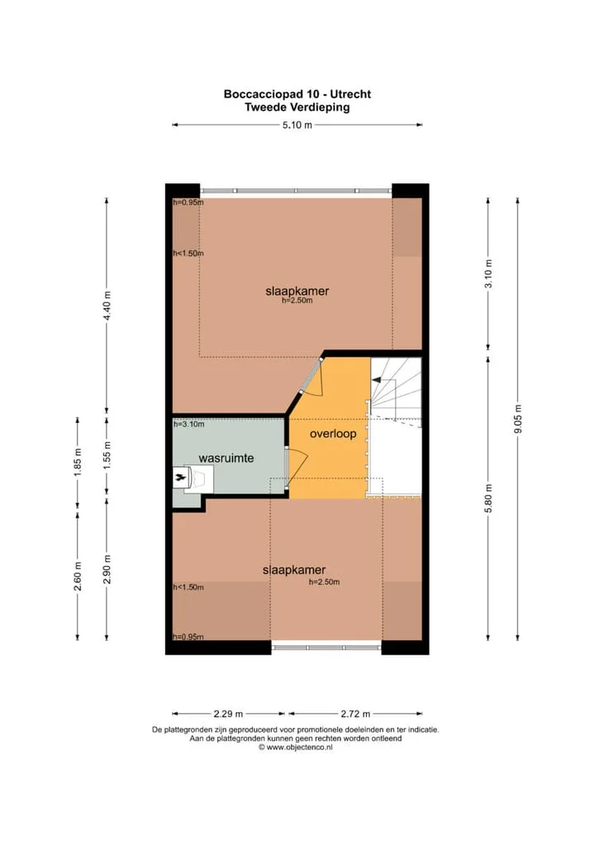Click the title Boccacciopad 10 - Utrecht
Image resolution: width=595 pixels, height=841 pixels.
297,94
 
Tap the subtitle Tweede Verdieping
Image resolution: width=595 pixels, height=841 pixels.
297,107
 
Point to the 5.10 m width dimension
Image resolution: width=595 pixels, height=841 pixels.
297,126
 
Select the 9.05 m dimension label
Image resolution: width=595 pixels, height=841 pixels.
518,419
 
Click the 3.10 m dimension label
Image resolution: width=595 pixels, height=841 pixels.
488,273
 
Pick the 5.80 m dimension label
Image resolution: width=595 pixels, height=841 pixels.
488,498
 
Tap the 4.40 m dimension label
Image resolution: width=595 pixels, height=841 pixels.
107,306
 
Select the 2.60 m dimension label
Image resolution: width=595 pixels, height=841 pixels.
78,577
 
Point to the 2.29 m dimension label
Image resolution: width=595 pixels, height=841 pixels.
228,714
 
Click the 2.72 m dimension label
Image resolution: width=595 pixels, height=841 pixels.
355,714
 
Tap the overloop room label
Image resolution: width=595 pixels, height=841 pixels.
333,434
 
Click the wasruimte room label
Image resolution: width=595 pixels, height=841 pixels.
226,459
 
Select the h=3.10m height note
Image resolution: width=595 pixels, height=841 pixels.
188,425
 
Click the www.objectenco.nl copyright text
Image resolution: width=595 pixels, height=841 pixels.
296,747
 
